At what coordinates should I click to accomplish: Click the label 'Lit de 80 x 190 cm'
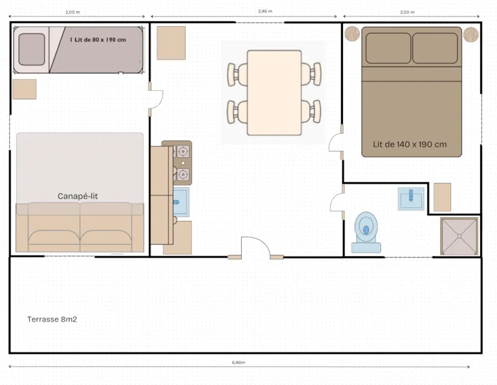[x=98, y=39]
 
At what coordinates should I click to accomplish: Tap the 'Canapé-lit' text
[x=78, y=196]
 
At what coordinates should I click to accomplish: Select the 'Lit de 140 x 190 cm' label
[x=409, y=144]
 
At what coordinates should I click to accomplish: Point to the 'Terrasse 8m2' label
[x=52, y=319]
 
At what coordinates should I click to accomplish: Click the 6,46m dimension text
[x=238, y=362]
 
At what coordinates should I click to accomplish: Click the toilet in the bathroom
[x=365, y=232]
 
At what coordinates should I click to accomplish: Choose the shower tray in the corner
[x=460, y=236]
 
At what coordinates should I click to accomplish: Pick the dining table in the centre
[x=275, y=93]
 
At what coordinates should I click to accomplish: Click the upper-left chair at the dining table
[x=235, y=74]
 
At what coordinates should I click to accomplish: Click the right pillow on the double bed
[x=436, y=49]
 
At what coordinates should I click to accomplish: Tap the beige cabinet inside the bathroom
[x=442, y=197]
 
